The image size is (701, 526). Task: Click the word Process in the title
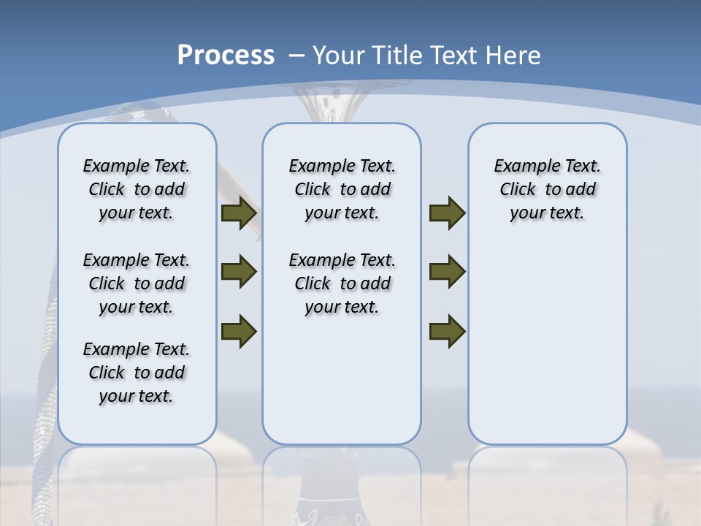pyautogui.click(x=226, y=56)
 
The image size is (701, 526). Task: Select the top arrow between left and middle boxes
pyautogui.click(x=239, y=213)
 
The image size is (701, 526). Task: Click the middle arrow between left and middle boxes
pyautogui.click(x=239, y=272)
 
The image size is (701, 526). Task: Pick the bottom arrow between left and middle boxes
pyautogui.click(x=239, y=330)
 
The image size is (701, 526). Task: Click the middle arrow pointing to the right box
pyautogui.click(x=448, y=272)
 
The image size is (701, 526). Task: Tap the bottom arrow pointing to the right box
pyautogui.click(x=448, y=330)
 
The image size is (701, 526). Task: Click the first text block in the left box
pyautogui.click(x=137, y=189)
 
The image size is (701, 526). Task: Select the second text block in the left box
pyautogui.click(x=137, y=283)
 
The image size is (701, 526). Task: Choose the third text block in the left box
pyautogui.click(x=137, y=373)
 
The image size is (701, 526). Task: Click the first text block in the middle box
pyautogui.click(x=342, y=189)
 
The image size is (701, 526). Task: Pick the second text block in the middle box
pyautogui.click(x=342, y=283)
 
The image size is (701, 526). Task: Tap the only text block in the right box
pyautogui.click(x=547, y=189)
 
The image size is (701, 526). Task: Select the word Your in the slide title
pyautogui.click(x=338, y=56)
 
